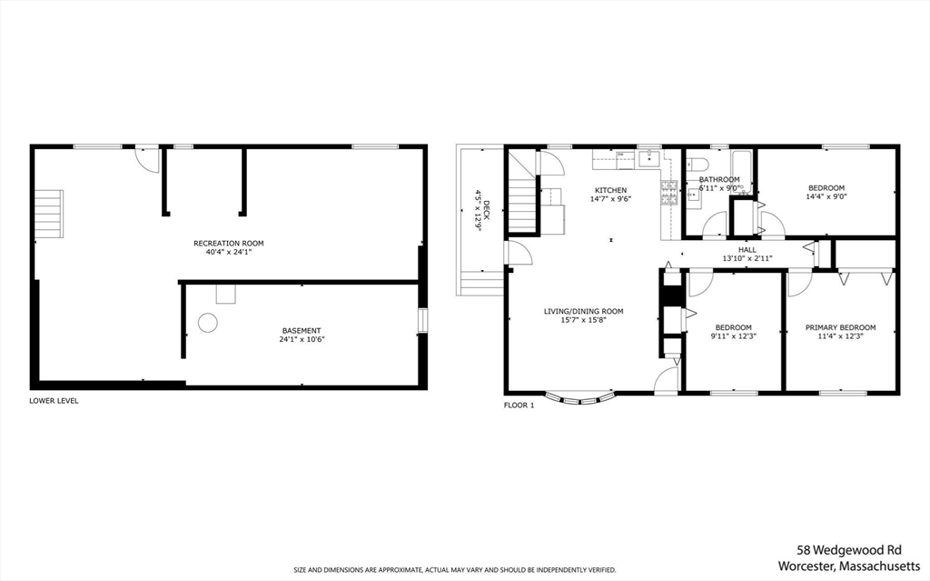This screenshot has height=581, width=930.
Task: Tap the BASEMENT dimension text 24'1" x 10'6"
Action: (x=302, y=340)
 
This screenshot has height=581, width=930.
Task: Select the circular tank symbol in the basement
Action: (x=208, y=322)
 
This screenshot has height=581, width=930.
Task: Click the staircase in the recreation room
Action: (x=50, y=214)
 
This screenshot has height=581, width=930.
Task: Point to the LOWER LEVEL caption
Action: (x=54, y=400)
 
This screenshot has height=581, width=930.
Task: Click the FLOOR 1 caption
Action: (x=519, y=406)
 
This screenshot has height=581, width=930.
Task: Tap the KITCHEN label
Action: (x=610, y=190)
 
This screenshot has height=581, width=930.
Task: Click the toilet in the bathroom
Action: (x=697, y=165)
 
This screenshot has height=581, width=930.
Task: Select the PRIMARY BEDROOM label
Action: (x=839, y=327)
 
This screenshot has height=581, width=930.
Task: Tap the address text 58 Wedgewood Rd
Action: (x=848, y=550)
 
